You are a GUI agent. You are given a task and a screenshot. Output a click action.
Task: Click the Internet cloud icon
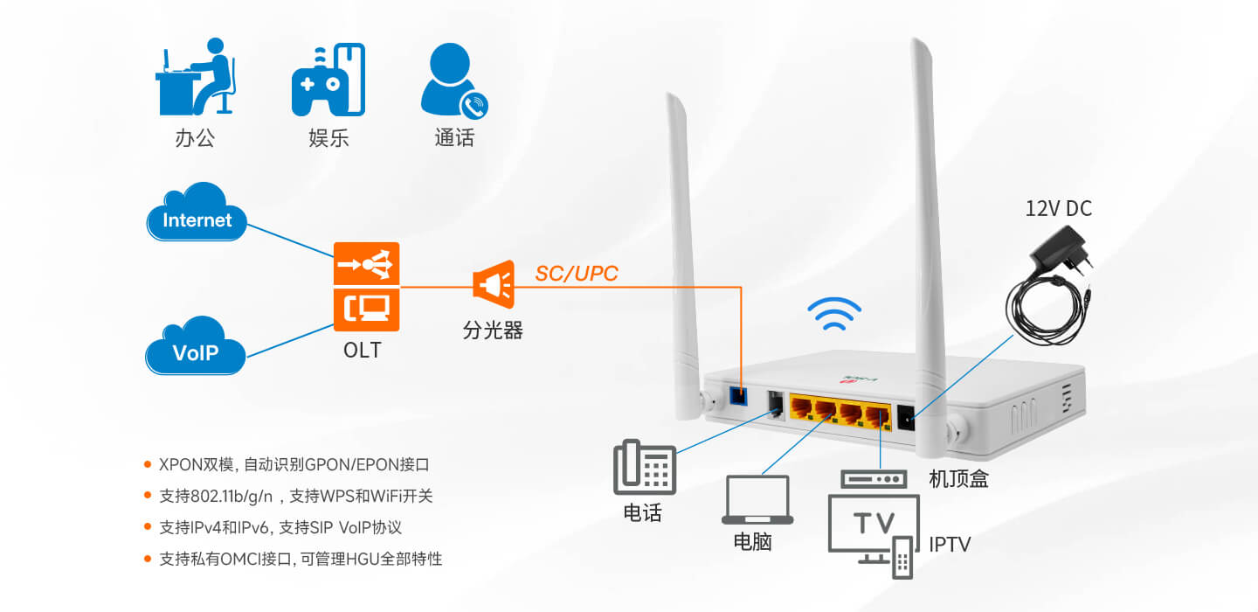click(x=197, y=212)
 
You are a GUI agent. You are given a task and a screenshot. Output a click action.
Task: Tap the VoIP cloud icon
click(x=196, y=345)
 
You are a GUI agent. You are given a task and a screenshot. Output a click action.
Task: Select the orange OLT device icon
click(x=366, y=287)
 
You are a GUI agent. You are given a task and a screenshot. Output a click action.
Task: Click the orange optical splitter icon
click(x=494, y=284)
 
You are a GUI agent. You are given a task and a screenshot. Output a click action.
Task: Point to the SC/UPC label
click(x=577, y=274)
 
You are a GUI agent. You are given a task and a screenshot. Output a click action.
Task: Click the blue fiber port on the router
click(x=738, y=396)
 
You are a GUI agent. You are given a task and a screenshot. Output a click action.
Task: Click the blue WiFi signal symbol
click(x=834, y=314)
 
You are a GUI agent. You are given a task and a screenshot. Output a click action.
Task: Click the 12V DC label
click(x=1059, y=208)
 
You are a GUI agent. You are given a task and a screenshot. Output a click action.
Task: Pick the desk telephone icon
click(x=645, y=467)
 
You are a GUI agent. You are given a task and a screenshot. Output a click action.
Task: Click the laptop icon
click(x=757, y=499)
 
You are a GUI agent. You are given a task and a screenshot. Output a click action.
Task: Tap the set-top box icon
click(x=874, y=479)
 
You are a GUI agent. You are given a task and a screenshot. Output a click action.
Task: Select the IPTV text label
click(x=950, y=545)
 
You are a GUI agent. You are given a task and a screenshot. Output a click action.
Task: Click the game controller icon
click(x=328, y=80)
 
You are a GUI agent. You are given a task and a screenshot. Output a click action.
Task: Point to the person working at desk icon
click(x=196, y=76)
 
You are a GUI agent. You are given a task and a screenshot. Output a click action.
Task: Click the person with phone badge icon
click(x=454, y=80)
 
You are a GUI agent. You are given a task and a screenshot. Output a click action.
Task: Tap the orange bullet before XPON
click(x=148, y=464)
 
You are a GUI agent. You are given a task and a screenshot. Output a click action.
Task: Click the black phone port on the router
click(x=776, y=406)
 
